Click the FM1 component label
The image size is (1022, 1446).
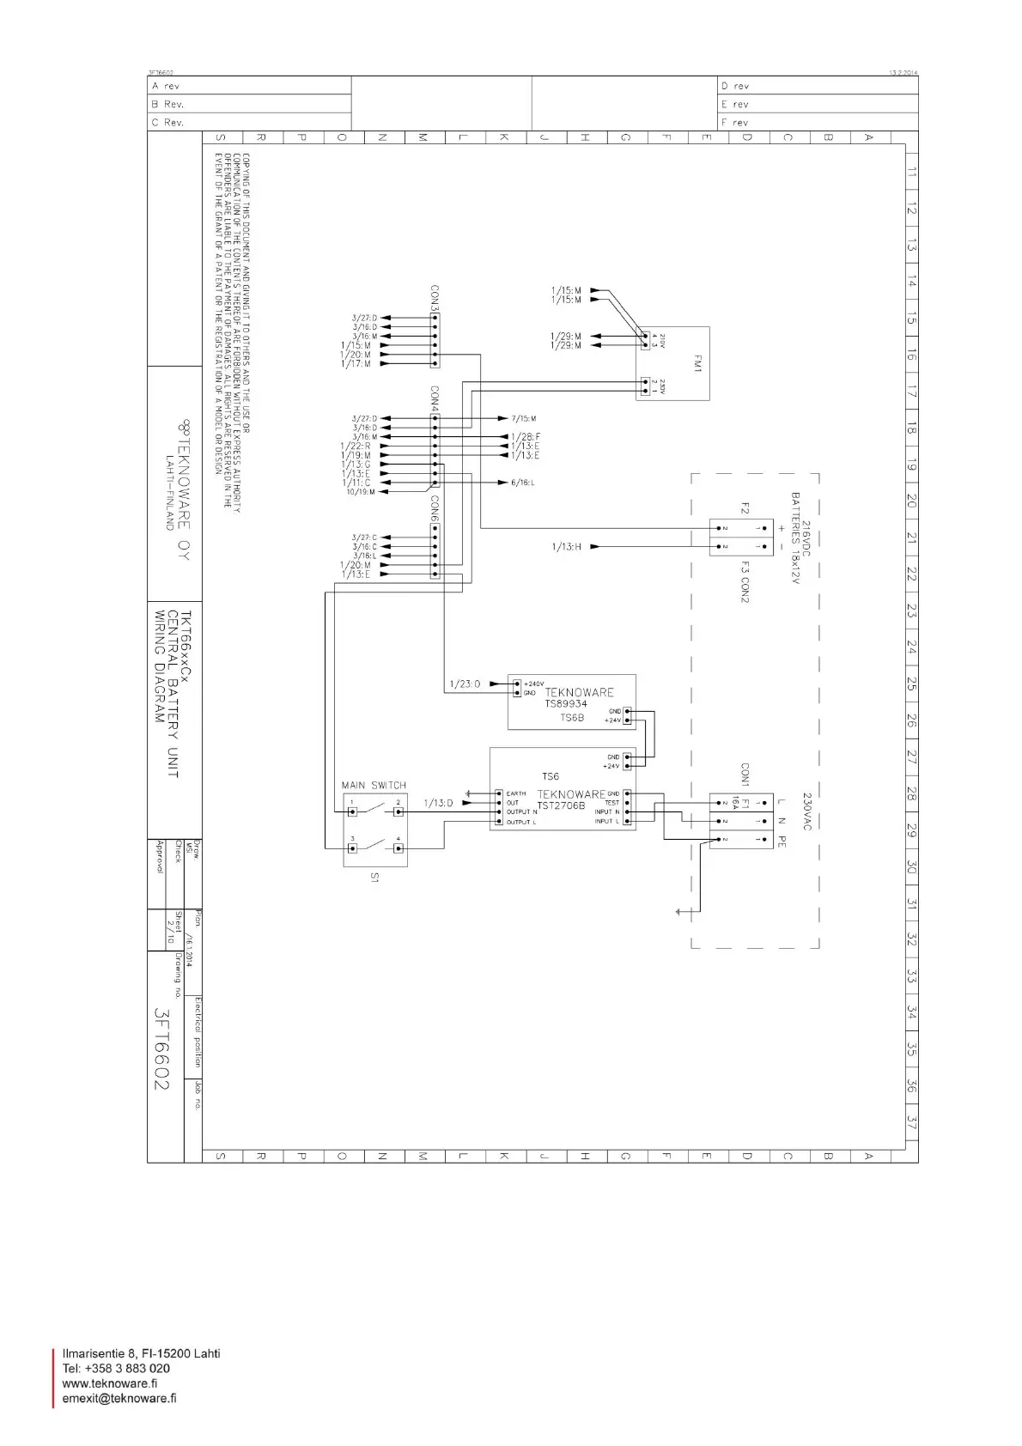click(x=697, y=364)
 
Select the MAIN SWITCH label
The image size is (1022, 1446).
click(x=374, y=785)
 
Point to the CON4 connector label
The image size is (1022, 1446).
click(x=435, y=398)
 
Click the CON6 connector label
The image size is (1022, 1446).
click(x=435, y=508)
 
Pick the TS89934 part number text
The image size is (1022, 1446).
click(x=566, y=704)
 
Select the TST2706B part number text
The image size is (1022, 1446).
click(x=561, y=806)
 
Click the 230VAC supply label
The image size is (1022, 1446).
click(x=806, y=811)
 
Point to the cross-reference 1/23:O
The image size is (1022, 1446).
click(x=465, y=684)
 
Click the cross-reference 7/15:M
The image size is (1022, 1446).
click(x=523, y=418)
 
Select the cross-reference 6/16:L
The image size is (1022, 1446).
click(x=522, y=483)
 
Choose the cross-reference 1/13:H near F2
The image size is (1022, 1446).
click(x=566, y=546)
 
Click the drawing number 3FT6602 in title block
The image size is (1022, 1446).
click(x=161, y=1048)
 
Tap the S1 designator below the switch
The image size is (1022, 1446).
click(x=374, y=878)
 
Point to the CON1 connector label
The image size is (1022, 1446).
click(x=745, y=775)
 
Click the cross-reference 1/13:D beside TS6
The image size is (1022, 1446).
click(x=438, y=803)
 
